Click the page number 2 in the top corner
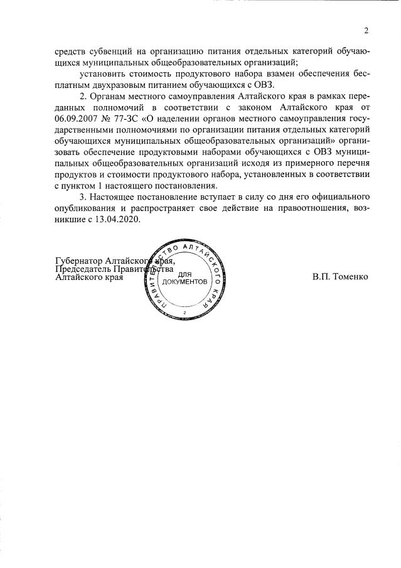tap(365, 31)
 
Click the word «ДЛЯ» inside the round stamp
tap(184, 275)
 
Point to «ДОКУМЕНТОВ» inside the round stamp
tap(184, 282)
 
